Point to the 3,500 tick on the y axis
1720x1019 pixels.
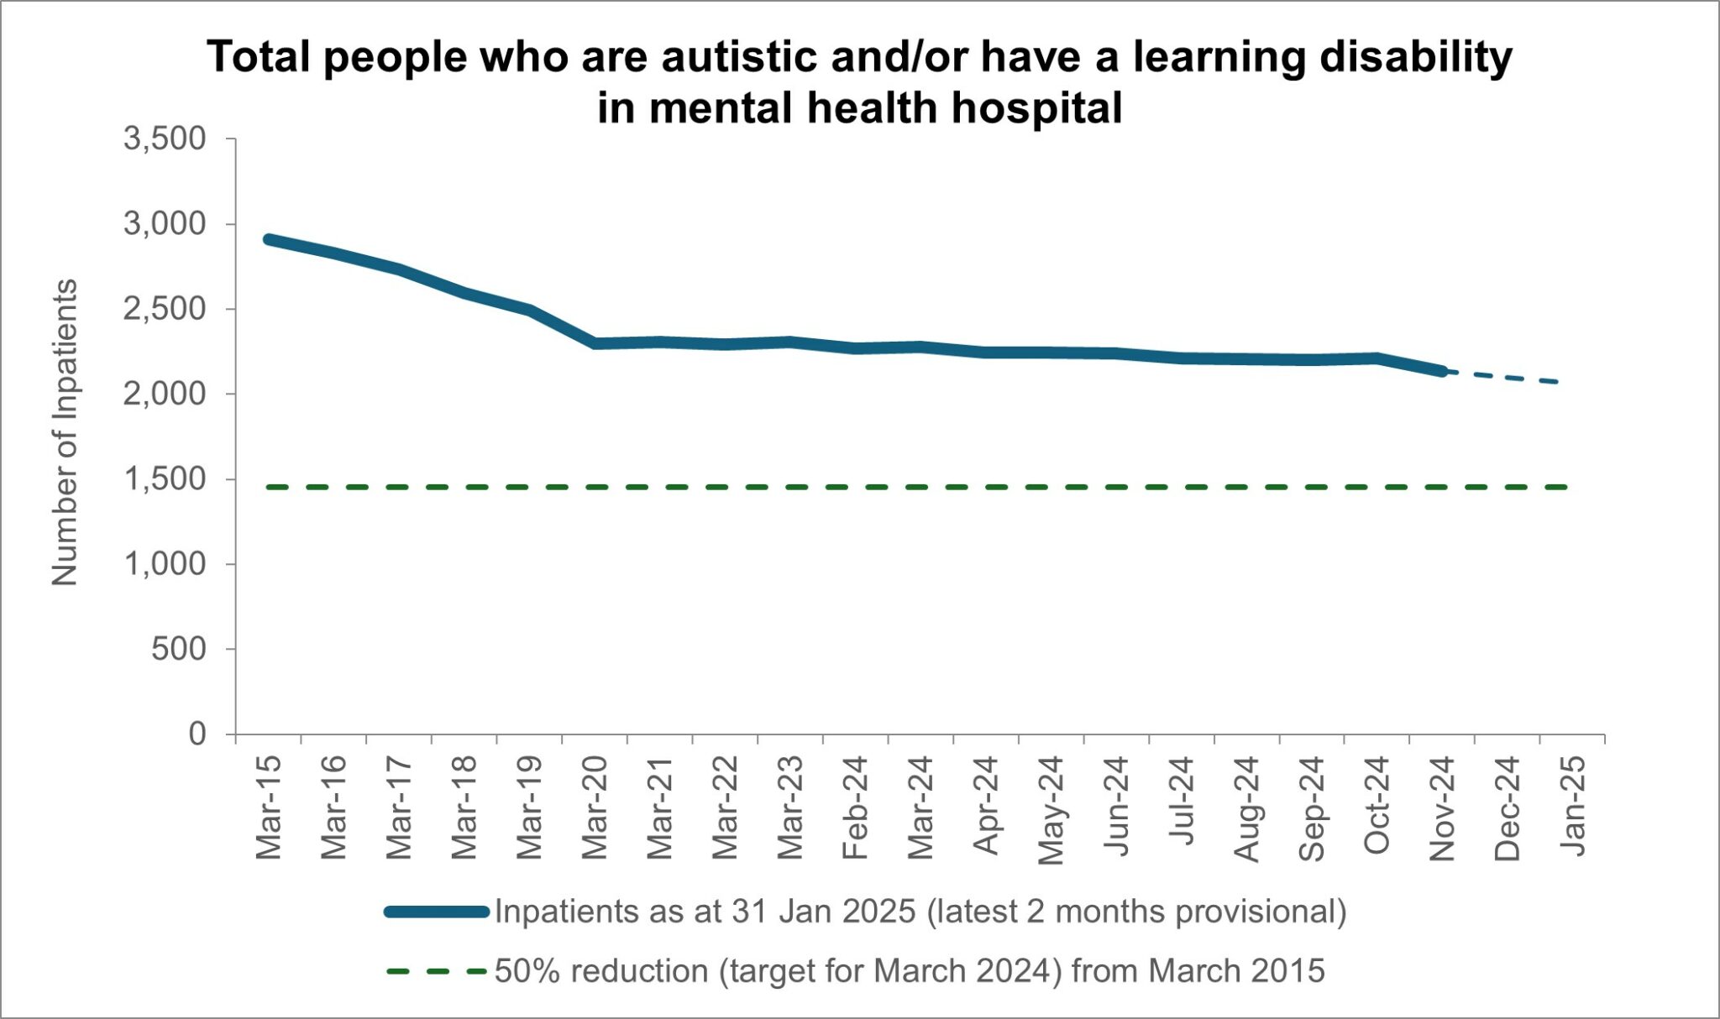tap(165, 138)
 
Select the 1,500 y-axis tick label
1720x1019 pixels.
tap(165, 479)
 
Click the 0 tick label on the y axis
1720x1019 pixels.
tap(197, 734)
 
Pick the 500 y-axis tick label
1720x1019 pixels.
tap(178, 649)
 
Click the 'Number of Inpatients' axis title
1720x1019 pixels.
tap(65, 432)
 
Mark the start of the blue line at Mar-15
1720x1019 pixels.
tap(269, 240)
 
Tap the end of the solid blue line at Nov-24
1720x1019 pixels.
tap(1441, 370)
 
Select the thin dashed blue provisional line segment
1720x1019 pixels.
tap(1503, 377)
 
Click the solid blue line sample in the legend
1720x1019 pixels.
tap(437, 912)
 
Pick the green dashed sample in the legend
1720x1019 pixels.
tap(437, 971)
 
